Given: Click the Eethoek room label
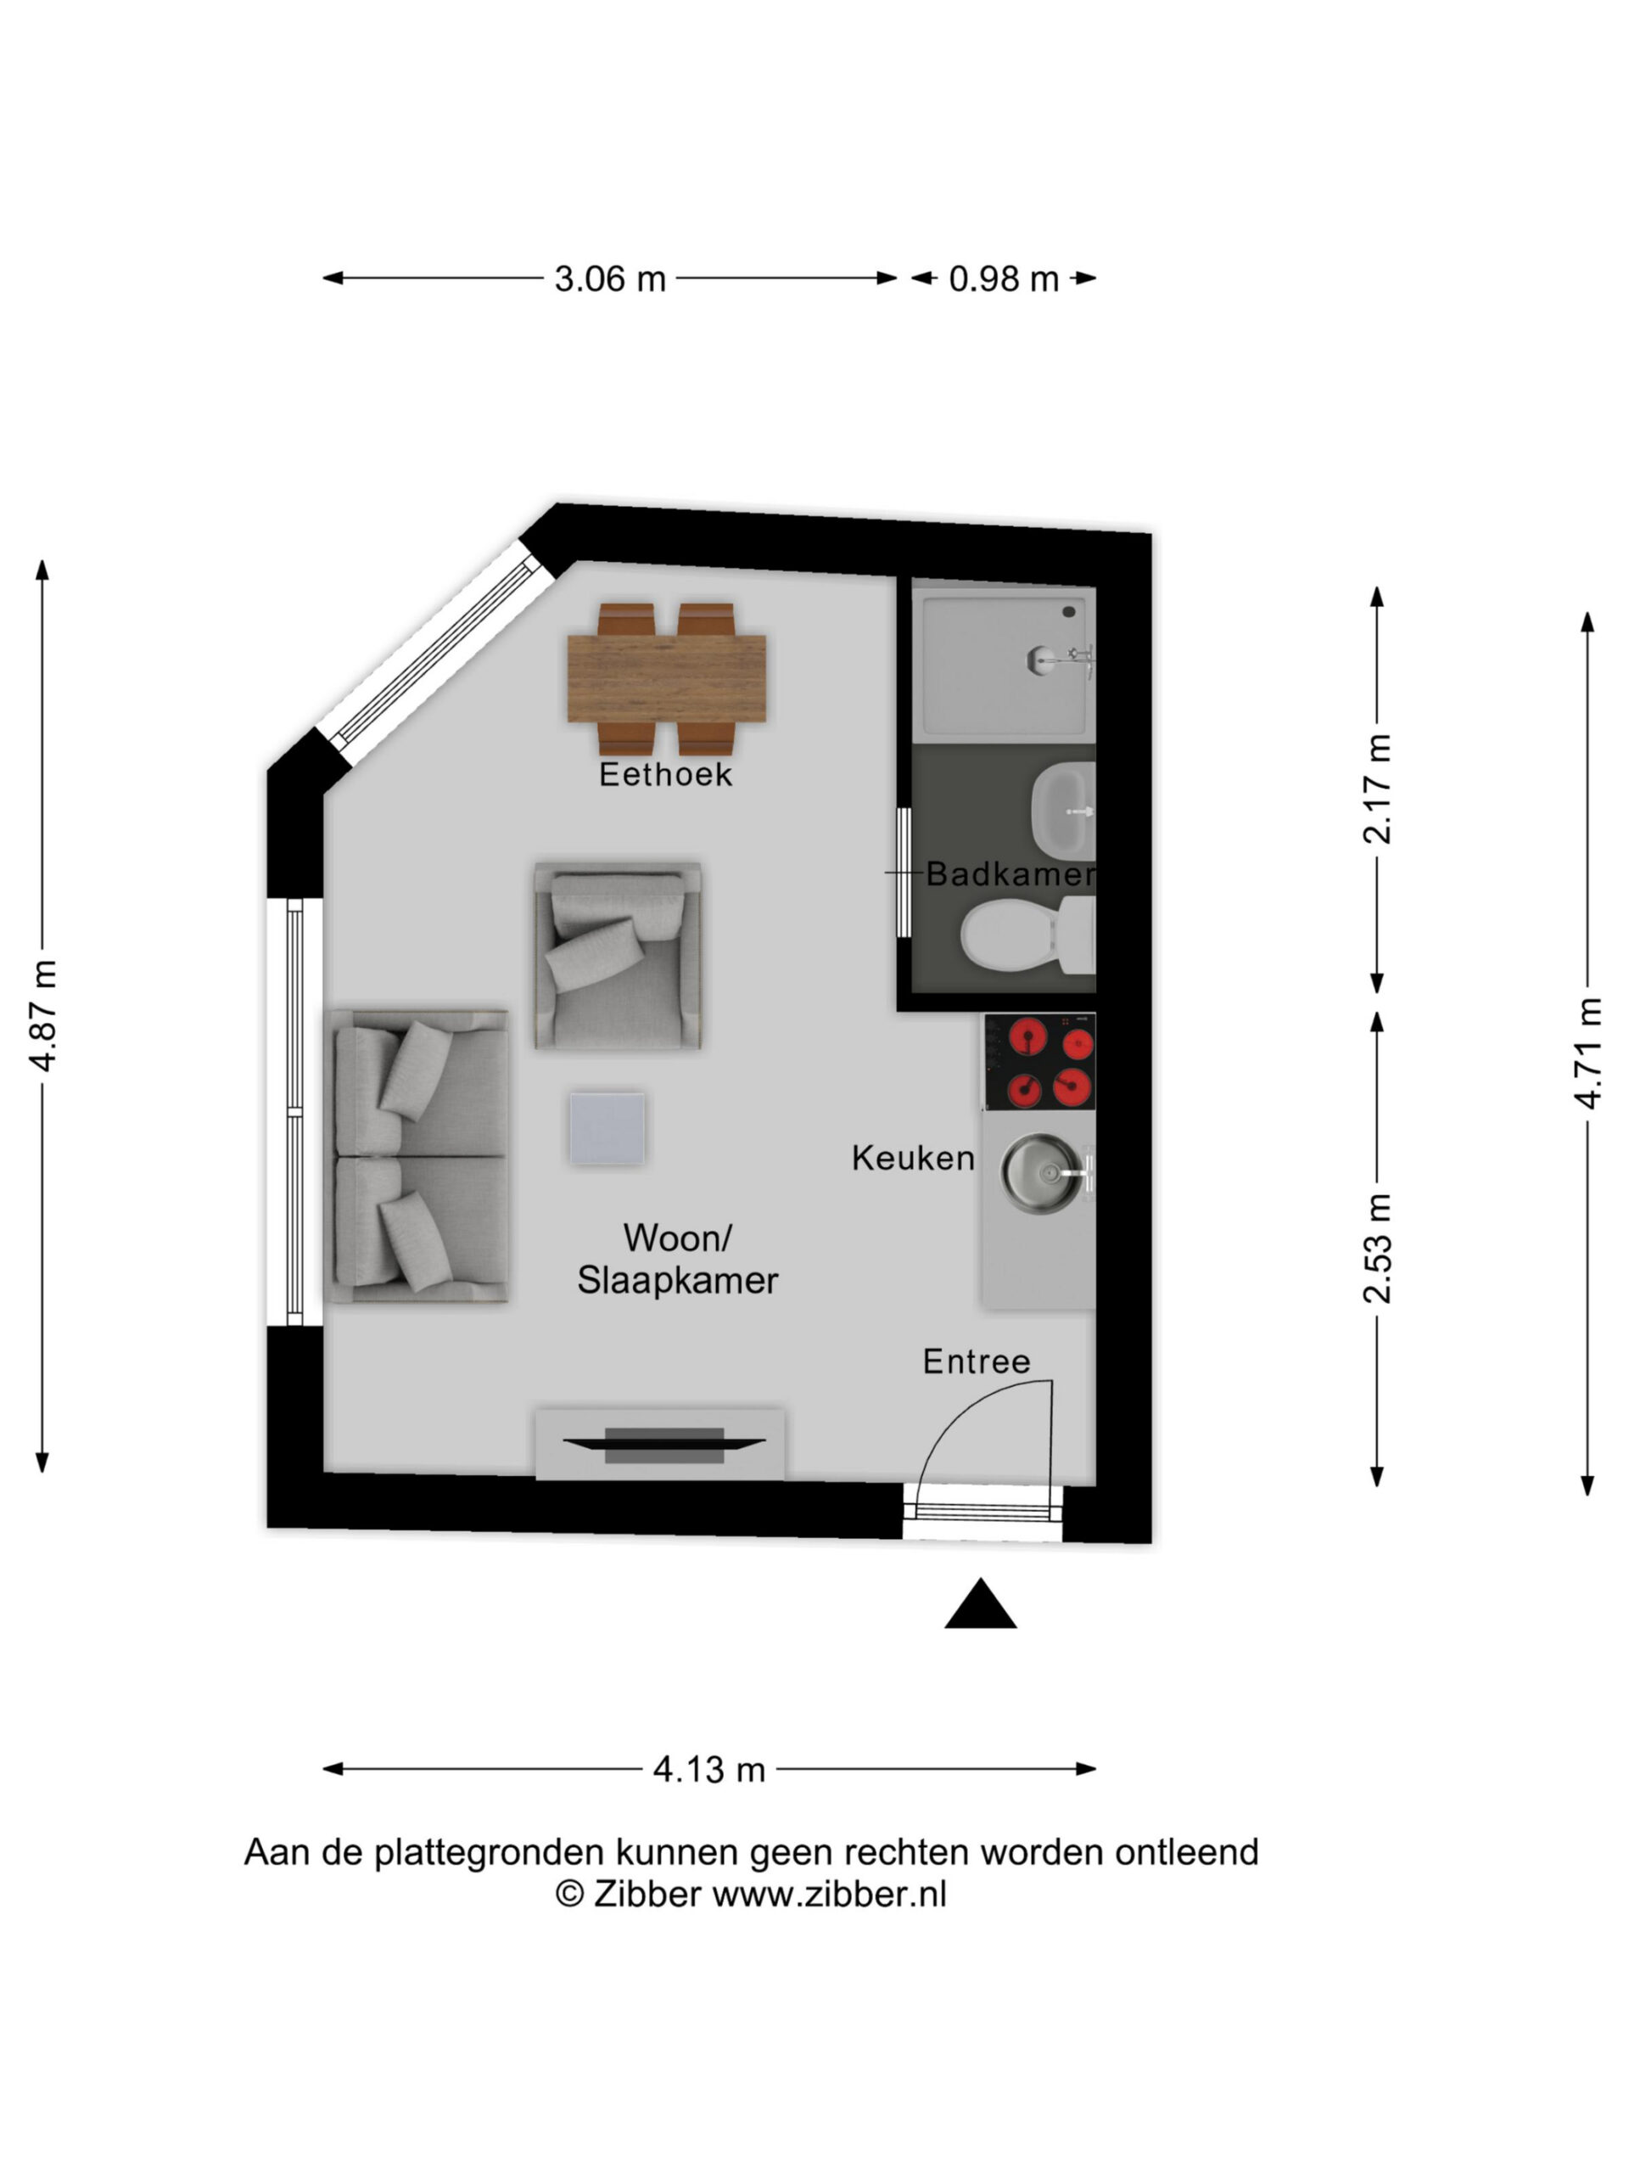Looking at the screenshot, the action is (666, 774).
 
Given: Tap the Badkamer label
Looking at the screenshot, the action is (1010, 873).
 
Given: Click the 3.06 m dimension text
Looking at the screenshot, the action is (610, 279).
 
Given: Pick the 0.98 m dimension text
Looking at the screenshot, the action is (1004, 279).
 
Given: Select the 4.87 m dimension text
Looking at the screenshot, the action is (44, 1016).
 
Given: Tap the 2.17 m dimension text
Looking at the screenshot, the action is (1378, 789).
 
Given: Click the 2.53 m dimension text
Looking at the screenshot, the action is (1378, 1249).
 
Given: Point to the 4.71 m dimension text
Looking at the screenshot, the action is (1589, 1053).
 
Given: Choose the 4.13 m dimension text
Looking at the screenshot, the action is (709, 1770).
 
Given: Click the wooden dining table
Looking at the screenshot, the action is (667, 679).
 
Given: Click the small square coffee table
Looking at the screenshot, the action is (607, 1129).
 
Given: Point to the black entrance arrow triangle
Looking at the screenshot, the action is (980, 1605).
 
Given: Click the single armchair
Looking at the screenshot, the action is (618, 956).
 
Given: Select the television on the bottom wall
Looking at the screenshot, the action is (663, 1444).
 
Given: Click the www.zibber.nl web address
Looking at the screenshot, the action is (830, 1894).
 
